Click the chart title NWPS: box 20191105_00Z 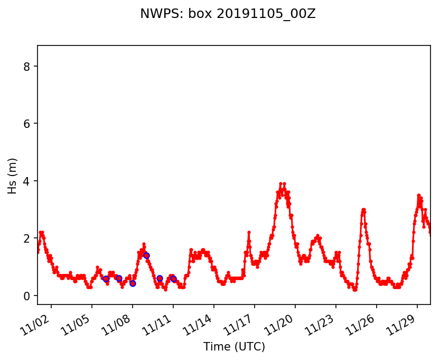coord(228,14)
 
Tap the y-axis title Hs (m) coord(13,176)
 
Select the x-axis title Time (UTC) coord(234,347)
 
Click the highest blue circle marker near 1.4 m coord(146,255)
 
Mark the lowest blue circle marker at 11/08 coord(133,283)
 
